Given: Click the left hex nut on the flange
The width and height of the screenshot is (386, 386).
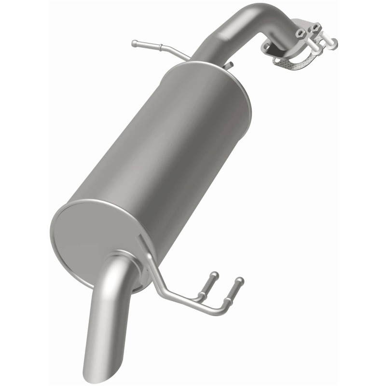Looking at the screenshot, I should (x=301, y=33).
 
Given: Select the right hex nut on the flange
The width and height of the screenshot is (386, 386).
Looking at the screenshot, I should (x=316, y=28).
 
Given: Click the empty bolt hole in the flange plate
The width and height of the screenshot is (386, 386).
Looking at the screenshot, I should (x=266, y=46).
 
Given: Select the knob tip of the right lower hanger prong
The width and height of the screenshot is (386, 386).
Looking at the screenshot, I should (x=240, y=280).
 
